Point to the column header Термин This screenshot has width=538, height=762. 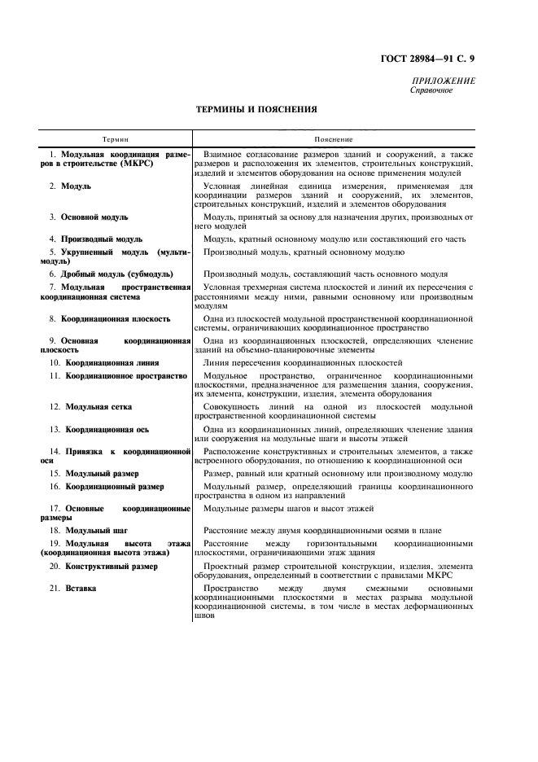[x=115, y=140]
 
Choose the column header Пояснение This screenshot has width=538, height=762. [x=335, y=140]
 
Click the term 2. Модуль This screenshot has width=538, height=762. [x=71, y=186]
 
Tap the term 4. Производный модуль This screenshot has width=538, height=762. [x=96, y=239]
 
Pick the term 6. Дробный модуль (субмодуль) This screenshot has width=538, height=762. [x=107, y=274]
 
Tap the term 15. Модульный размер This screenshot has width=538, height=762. [x=94, y=473]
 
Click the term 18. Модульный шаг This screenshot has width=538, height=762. [x=86, y=530]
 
